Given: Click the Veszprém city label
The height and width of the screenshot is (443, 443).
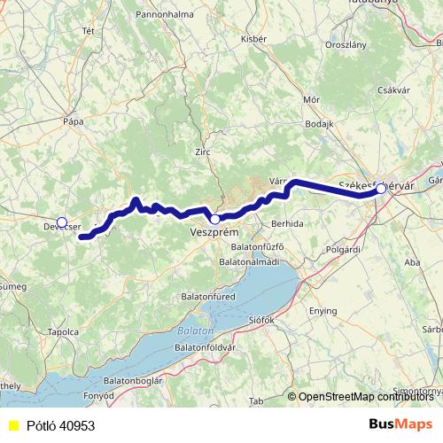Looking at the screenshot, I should [x=214, y=232].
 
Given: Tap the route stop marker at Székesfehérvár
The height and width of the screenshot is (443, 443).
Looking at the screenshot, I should [x=381, y=189].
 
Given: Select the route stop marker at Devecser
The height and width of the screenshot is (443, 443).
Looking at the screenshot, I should [x=61, y=221].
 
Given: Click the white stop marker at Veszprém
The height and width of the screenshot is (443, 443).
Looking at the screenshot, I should [x=214, y=219].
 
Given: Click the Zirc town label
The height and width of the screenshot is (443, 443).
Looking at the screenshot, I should [x=203, y=152].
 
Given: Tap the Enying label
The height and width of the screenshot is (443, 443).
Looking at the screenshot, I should [x=323, y=311].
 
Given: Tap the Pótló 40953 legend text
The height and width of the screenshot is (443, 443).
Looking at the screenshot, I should [x=59, y=425].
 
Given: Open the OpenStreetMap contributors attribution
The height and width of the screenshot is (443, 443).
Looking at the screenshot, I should [x=366, y=397].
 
